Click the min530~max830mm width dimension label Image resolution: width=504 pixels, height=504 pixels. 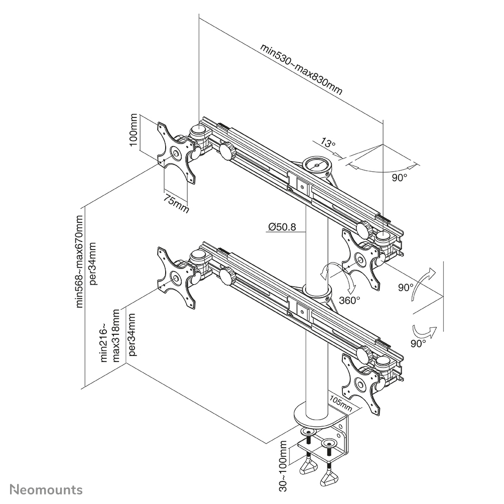301,70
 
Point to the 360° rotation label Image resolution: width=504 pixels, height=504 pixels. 349,300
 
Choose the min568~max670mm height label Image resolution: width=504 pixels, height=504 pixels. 80,261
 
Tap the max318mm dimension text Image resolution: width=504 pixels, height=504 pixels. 116,335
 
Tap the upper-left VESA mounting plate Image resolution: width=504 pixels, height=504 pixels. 176,152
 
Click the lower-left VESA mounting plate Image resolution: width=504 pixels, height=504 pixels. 176,277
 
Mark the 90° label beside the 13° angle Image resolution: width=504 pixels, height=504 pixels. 399,178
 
